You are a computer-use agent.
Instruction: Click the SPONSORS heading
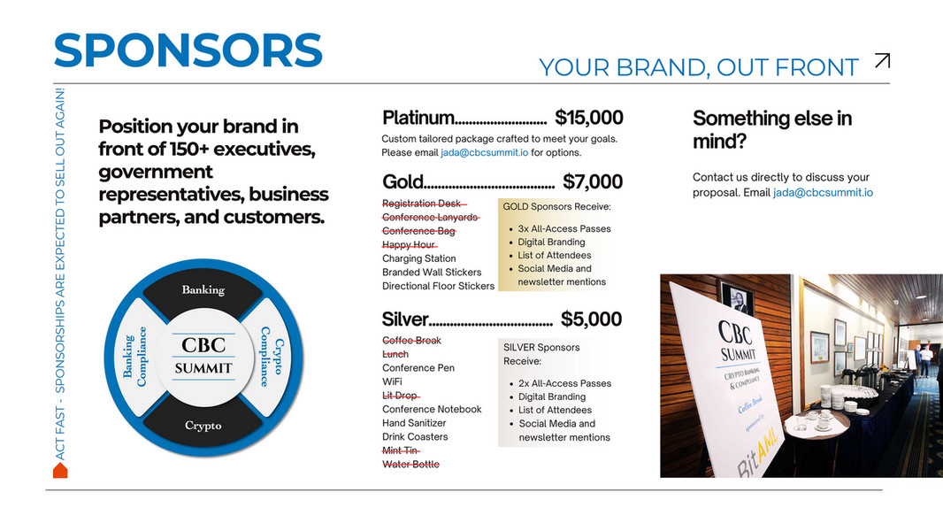pos(188,50)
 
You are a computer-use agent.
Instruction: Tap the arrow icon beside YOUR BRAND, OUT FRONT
pos(881,61)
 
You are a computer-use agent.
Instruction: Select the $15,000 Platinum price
pos(588,118)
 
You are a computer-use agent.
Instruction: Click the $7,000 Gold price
pos(592,182)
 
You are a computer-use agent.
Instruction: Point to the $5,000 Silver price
pos(591,319)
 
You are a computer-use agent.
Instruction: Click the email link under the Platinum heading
pos(484,153)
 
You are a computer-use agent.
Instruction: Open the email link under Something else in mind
pos(823,192)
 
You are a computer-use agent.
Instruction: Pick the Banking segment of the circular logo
pos(203,289)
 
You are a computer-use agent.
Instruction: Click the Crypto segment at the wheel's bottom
pos(203,426)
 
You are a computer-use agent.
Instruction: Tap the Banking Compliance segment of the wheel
pos(134,357)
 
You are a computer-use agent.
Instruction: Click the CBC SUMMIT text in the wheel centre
pos(203,356)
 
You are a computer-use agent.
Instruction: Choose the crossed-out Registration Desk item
pos(421,204)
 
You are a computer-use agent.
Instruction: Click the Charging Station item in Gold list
pos(418,258)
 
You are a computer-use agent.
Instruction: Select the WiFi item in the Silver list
pos(392,381)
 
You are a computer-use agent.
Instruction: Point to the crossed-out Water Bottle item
pos(410,465)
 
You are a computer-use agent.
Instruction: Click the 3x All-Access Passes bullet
pos(563,228)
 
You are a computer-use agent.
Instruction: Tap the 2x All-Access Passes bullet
pos(564,383)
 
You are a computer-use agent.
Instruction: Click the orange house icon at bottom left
pos(60,470)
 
